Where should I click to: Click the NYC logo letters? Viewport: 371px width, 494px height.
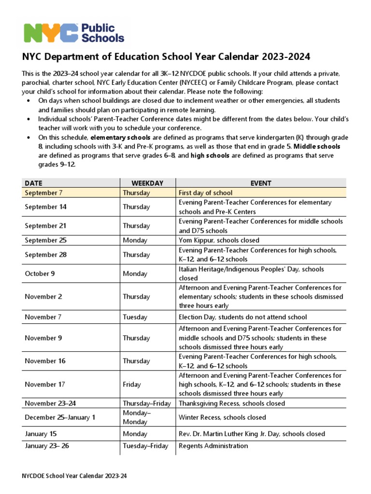(51, 33)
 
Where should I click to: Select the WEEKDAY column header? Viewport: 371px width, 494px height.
(147, 183)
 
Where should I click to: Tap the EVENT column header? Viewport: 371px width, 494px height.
(260, 183)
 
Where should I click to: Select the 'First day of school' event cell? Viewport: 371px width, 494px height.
(205, 192)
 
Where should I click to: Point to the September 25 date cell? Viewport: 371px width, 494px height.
(45, 240)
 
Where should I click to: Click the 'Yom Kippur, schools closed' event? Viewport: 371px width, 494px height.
(219, 240)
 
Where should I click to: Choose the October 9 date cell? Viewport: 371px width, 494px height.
(40, 274)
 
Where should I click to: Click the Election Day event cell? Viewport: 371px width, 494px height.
(243, 317)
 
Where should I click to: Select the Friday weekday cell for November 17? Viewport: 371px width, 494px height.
(132, 384)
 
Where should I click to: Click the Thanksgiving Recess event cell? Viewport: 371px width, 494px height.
(232, 403)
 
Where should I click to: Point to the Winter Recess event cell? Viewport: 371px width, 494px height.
(222, 417)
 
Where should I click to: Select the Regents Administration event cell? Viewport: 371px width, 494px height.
(213, 446)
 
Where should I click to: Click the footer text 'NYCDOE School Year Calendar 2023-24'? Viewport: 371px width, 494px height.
(74, 476)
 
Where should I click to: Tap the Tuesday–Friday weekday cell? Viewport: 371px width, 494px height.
(145, 446)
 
